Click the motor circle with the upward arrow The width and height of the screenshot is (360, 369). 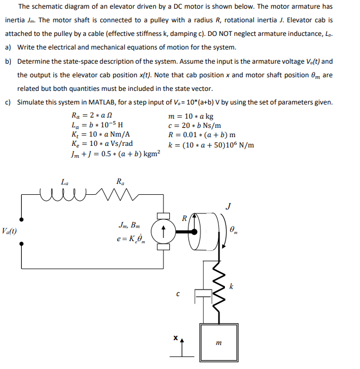click(x=162, y=230)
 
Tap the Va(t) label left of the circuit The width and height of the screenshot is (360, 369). click(x=9, y=231)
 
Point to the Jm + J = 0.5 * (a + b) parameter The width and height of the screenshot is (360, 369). click(x=115, y=155)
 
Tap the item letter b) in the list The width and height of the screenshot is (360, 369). click(x=8, y=61)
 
